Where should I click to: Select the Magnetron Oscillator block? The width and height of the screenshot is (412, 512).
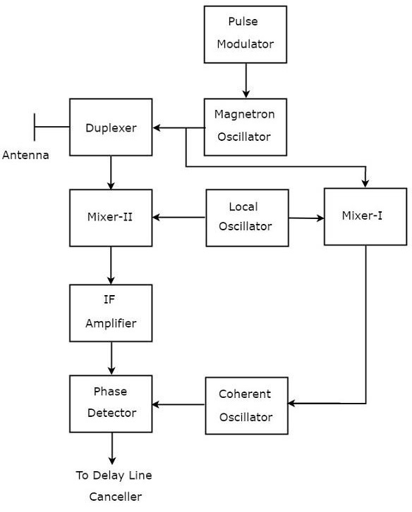tap(245, 127)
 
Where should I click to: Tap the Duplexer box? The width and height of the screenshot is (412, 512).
tap(111, 127)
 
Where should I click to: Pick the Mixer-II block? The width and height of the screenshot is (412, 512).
tap(111, 218)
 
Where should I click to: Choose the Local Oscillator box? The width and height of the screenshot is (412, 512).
tap(247, 218)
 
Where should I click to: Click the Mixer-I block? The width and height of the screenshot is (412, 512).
tap(365, 216)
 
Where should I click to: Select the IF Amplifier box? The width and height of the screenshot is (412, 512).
tap(111, 313)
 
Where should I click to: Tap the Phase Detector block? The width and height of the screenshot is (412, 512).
tap(111, 404)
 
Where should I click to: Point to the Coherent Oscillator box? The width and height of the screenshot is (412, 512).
tap(246, 406)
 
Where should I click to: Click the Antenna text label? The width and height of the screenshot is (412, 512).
tap(26, 155)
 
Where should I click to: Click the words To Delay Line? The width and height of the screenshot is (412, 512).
tap(114, 475)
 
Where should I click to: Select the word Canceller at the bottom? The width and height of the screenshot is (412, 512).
tap(115, 497)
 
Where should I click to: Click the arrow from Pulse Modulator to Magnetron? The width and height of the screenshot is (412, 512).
tap(246, 80)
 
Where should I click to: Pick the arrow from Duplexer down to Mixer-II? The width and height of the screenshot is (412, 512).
tap(111, 173)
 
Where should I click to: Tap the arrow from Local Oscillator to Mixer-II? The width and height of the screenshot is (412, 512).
tap(179, 218)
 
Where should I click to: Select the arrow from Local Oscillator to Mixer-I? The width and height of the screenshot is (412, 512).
tap(306, 218)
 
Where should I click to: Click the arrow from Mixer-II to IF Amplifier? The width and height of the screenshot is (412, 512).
tap(111, 266)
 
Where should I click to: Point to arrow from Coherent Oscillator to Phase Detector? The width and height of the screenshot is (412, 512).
tap(179, 404)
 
